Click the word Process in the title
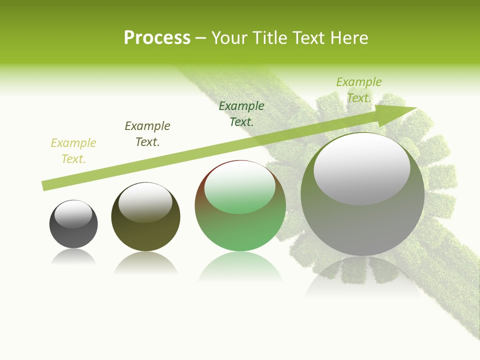click(157, 38)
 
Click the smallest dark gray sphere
click(73, 235)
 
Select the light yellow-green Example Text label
click(73, 151)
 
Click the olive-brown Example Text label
click(147, 134)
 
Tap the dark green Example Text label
click(241, 113)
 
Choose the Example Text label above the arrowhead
click(358, 90)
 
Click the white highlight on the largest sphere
click(361, 167)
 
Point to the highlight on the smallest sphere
click(73, 214)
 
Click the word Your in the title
click(228, 38)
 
